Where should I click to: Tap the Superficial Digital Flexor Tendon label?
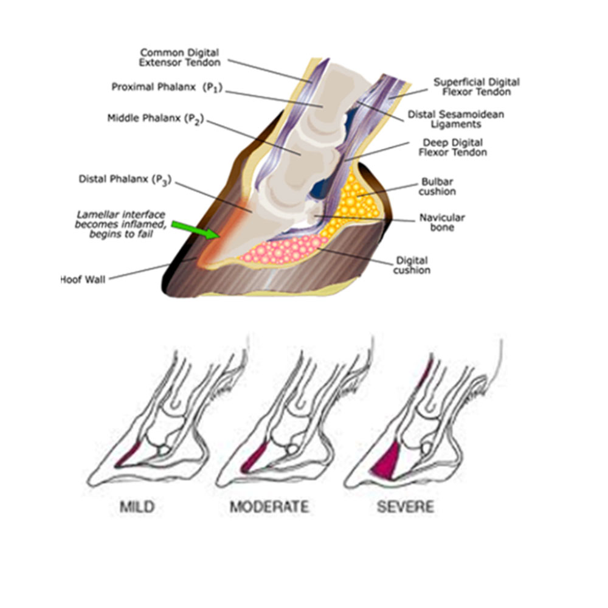477,86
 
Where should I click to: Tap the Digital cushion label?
412,264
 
